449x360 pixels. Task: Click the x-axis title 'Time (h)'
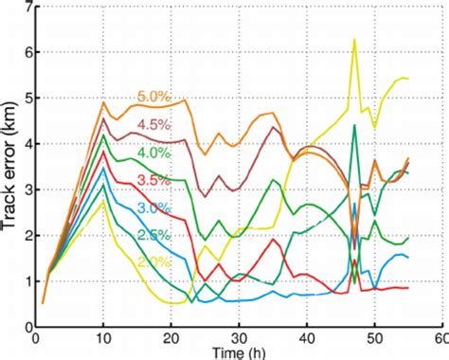(x=236, y=351)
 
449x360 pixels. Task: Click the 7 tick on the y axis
(x=24, y=8)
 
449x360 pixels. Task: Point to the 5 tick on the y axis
(x=24, y=99)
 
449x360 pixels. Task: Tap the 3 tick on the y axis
(x=24, y=189)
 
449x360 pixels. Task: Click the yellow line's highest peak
(x=354, y=40)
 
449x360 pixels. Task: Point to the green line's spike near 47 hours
(x=353, y=126)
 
